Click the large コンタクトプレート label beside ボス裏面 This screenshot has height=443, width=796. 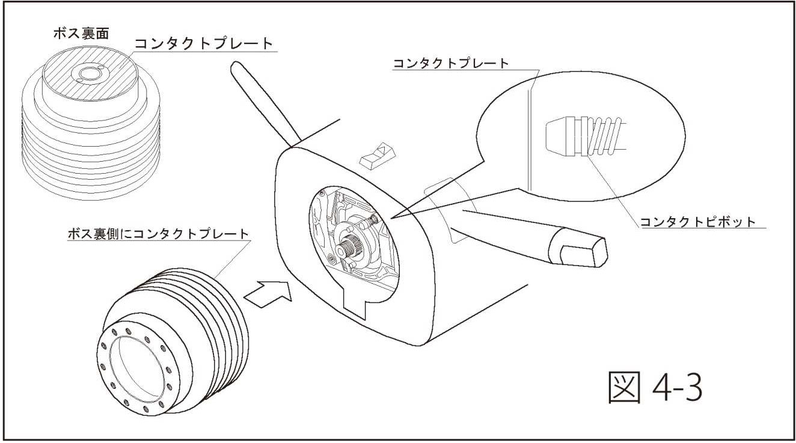(203, 44)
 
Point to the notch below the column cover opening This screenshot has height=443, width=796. (364, 301)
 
